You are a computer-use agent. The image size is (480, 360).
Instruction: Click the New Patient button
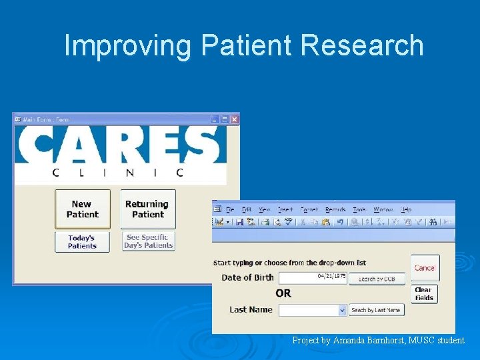(x=82, y=209)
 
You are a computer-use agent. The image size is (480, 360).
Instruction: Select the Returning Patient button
(x=148, y=209)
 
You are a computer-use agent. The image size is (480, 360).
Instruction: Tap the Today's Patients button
(x=82, y=241)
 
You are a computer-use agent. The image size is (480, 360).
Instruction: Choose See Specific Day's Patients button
(x=148, y=241)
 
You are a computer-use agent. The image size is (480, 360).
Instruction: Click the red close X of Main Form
(x=235, y=119)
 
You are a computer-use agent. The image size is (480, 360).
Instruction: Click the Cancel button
(x=425, y=267)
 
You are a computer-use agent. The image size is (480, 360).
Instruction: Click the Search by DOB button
(x=377, y=279)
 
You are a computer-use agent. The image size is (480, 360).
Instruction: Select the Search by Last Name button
(x=376, y=310)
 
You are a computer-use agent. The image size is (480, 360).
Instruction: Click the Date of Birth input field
(x=312, y=277)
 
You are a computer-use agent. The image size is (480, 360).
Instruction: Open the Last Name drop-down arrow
(x=343, y=310)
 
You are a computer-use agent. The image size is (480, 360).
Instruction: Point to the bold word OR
(x=283, y=293)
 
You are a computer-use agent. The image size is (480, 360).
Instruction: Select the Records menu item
(x=335, y=209)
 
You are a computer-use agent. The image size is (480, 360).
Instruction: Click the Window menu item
(x=383, y=209)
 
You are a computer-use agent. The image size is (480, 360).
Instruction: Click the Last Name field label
(x=251, y=309)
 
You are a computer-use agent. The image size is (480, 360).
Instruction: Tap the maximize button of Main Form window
(x=225, y=119)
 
